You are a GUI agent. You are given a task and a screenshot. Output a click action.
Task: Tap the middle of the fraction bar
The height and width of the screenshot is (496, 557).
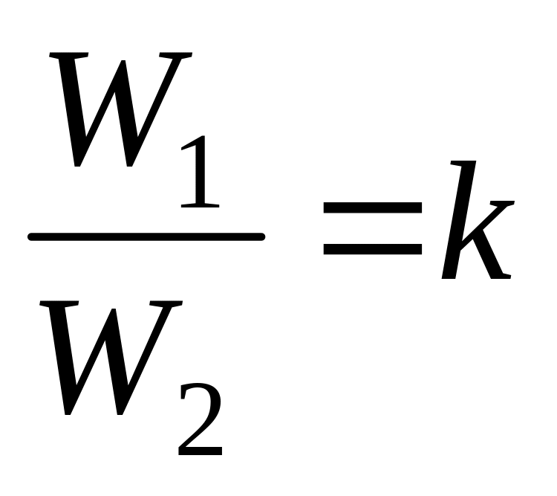click(x=146, y=237)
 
